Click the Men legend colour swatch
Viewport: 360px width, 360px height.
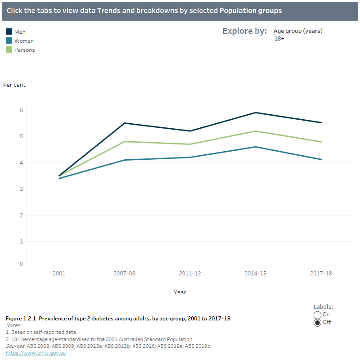tap(9, 31)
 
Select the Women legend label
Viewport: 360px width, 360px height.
tap(24, 41)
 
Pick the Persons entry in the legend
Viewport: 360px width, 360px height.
tap(24, 50)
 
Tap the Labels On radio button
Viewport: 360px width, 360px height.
tap(317, 315)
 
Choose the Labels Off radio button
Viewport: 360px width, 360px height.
tap(317, 323)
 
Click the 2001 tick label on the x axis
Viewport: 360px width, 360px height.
tap(59, 273)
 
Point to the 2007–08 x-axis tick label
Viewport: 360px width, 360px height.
tap(124, 273)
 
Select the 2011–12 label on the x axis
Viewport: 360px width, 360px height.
tap(189, 273)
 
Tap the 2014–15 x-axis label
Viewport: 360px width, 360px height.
tap(255, 273)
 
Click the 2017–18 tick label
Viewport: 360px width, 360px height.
tap(321, 273)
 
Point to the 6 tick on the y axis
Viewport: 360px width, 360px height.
tap(21, 110)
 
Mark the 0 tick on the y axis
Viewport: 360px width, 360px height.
tap(21, 264)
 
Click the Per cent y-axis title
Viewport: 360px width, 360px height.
tap(14, 85)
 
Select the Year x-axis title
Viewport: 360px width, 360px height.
tap(180, 292)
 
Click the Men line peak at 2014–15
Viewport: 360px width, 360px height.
tap(255, 112)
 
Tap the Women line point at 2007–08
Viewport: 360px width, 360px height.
tap(124, 160)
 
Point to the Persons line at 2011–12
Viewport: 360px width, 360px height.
tap(189, 144)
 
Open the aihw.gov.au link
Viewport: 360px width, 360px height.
tap(36, 353)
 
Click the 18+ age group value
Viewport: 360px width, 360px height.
tap(279, 39)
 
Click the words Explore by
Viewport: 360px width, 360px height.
tap(245, 31)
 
